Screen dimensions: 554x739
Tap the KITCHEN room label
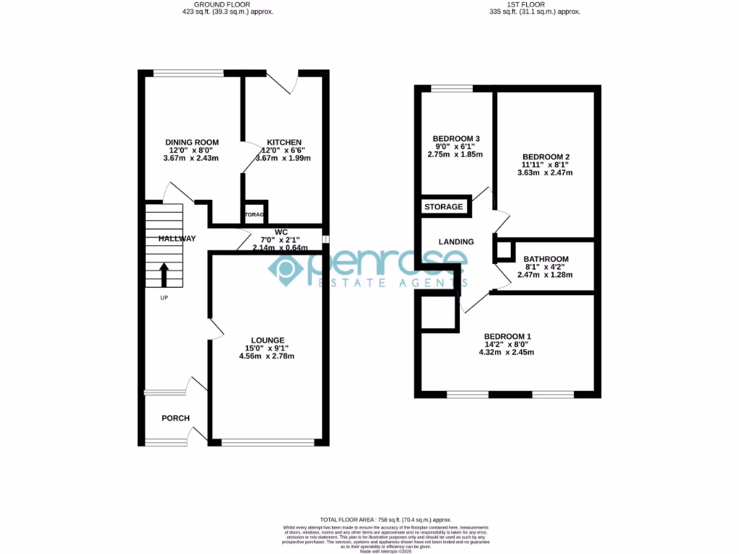click(x=284, y=142)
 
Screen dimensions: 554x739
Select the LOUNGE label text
click(x=268, y=340)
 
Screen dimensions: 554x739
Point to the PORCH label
click(x=175, y=418)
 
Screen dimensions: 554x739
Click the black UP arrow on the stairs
click(x=163, y=275)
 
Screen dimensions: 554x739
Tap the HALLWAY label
click(x=177, y=239)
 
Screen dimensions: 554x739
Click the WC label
click(x=271, y=232)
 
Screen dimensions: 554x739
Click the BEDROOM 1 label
click(x=507, y=336)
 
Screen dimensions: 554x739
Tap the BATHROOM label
click(x=546, y=259)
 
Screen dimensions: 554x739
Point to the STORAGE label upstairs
click(x=444, y=207)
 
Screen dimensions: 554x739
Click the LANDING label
click(x=456, y=242)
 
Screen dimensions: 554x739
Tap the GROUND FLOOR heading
click(x=227, y=4)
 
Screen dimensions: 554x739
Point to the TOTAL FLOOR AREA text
click(x=385, y=519)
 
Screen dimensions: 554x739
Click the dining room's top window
click(x=189, y=72)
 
